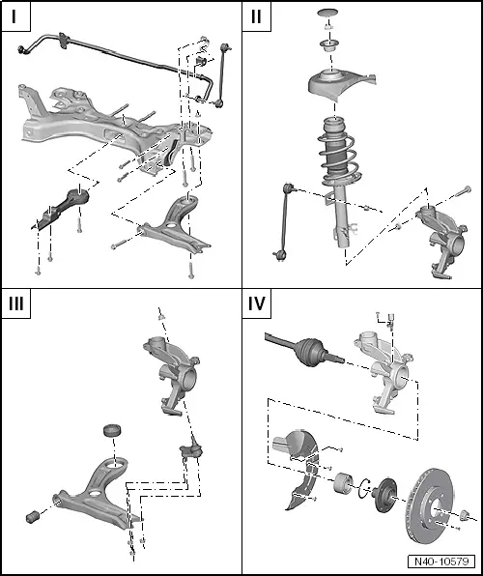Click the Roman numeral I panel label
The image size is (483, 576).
click(14, 16)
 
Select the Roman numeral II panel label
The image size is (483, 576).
click(256, 16)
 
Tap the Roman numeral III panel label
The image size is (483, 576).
click(16, 303)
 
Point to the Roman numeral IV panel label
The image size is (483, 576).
click(256, 303)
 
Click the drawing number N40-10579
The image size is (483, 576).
click(441, 562)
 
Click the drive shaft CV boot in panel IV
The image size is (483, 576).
click(310, 352)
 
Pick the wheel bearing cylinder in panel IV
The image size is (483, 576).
click(344, 483)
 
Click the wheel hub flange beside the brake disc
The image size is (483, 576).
click(384, 496)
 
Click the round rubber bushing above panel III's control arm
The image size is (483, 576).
click(113, 430)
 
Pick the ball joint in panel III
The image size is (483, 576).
click(191, 447)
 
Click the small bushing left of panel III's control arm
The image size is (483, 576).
click(33, 516)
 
